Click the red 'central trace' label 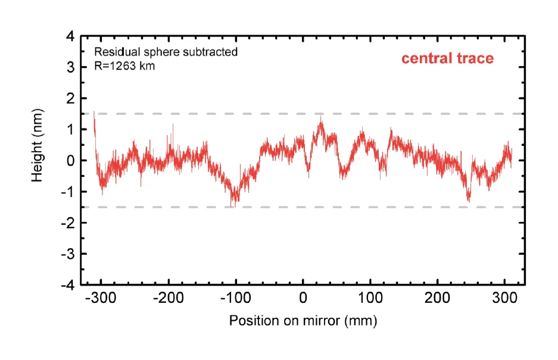coord(447,58)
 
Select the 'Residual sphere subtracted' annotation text coord(166,52)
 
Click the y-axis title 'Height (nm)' coord(38,145)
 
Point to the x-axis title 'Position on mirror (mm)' coord(303,321)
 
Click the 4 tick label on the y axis coord(70,36)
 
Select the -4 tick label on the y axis coord(68,285)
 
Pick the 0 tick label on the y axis coord(70,161)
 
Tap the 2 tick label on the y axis coord(70,99)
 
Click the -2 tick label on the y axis coord(68,223)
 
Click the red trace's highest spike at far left coord(94,112)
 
